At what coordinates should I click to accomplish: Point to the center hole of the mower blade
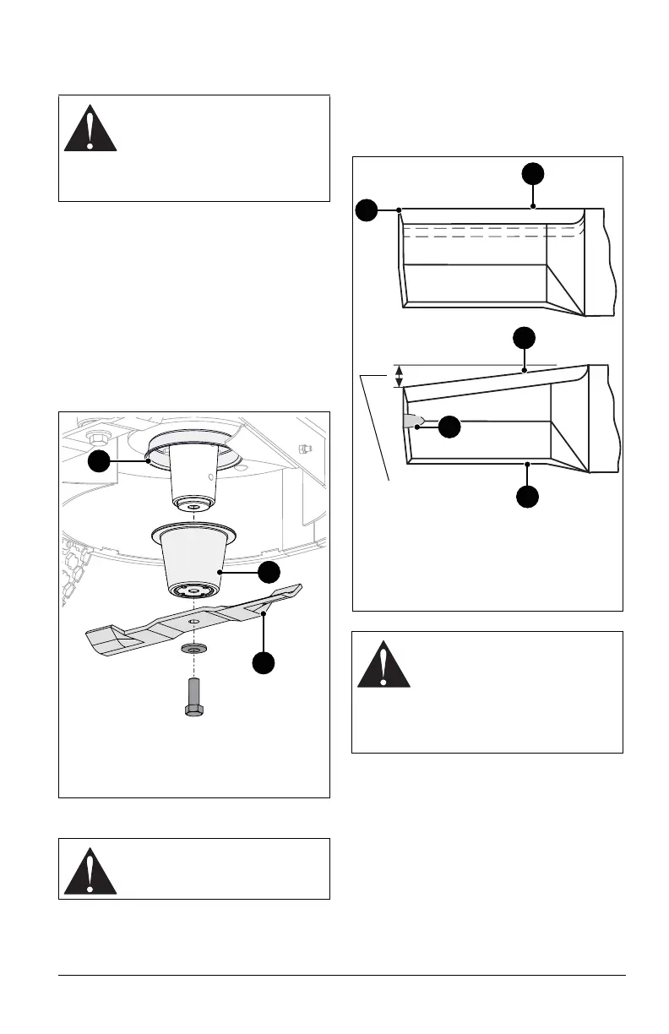(x=193, y=623)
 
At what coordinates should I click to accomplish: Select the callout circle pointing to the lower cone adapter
(x=269, y=572)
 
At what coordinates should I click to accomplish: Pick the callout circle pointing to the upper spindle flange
(x=100, y=460)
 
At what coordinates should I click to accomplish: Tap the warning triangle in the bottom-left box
(x=90, y=868)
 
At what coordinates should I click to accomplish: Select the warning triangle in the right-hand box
(x=383, y=665)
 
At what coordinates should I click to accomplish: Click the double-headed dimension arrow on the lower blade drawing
(x=400, y=377)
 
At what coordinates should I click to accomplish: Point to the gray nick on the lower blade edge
(x=413, y=422)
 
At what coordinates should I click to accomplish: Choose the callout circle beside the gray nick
(x=450, y=427)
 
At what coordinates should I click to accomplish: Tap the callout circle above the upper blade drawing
(x=532, y=175)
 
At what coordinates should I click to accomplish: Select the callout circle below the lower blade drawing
(x=527, y=496)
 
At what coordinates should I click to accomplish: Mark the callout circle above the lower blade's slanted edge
(x=525, y=339)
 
